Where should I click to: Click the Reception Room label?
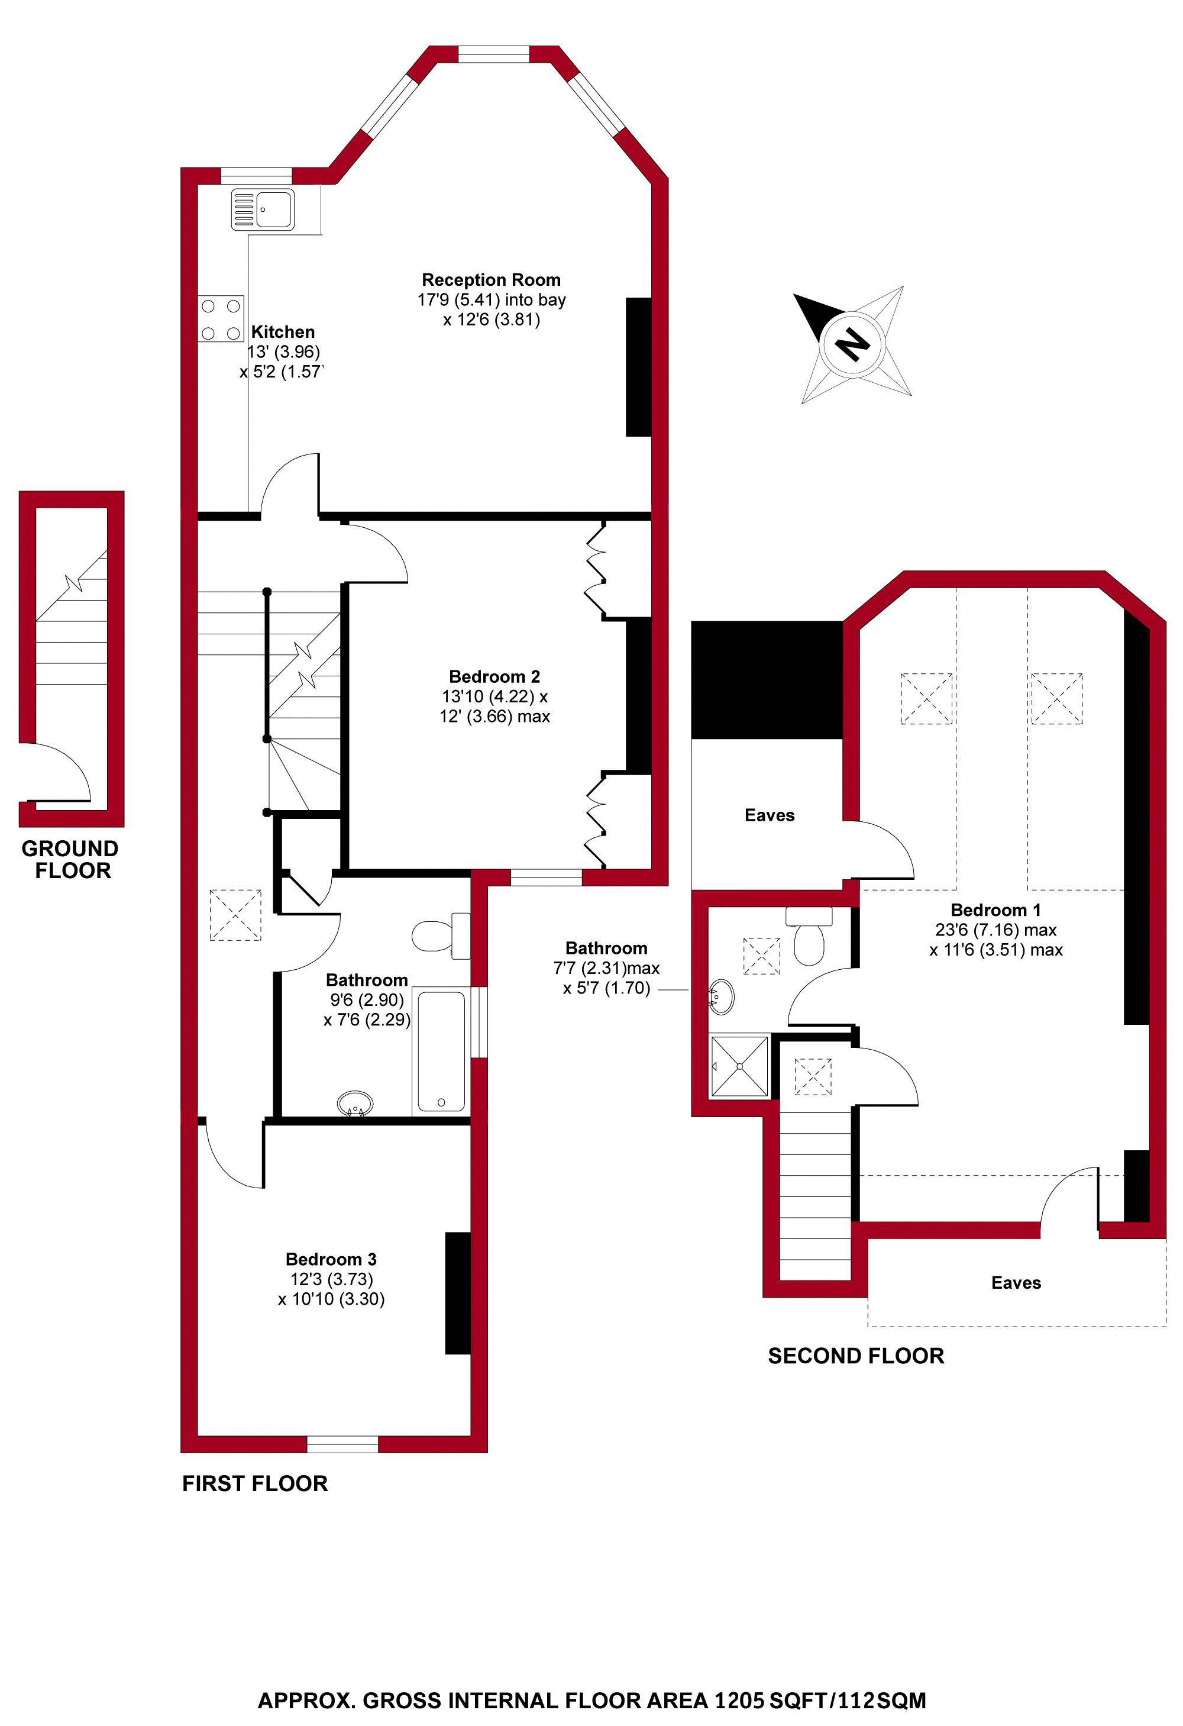click(x=491, y=280)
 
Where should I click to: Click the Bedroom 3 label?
click(x=331, y=1259)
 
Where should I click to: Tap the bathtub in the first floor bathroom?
click(x=441, y=1051)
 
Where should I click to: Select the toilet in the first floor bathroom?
click(x=441, y=934)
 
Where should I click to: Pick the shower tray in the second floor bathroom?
click(x=739, y=1066)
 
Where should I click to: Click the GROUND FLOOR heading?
click(x=70, y=859)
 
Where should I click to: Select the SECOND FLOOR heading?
click(x=855, y=1356)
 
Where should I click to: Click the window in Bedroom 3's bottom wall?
click(x=342, y=1444)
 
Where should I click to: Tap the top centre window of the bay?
click(x=493, y=54)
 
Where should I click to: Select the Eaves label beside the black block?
click(x=770, y=815)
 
